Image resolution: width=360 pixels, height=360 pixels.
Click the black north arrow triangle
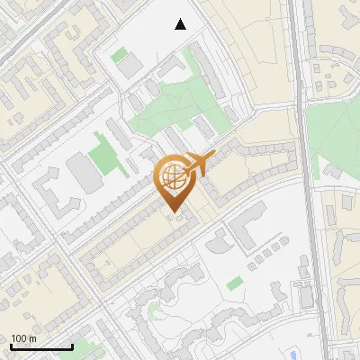tap(181, 24)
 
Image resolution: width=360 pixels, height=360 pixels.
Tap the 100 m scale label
tap(23, 337)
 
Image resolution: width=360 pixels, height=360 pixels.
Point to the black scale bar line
tap(41, 346)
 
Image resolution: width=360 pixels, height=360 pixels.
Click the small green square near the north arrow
tap(119, 55)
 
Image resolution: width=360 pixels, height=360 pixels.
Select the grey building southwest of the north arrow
tap(131, 66)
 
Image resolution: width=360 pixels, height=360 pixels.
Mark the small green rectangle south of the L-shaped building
tap(235, 283)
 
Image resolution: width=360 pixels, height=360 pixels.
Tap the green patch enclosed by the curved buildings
tap(155, 311)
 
